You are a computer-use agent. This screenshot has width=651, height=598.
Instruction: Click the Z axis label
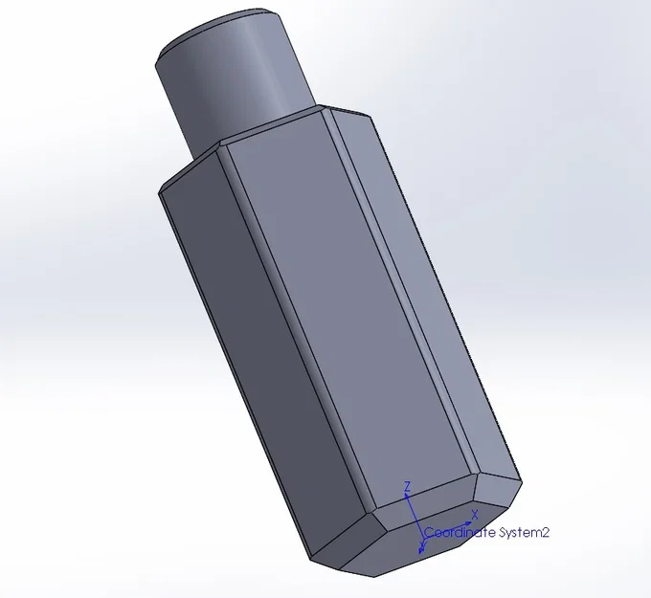pos(408,487)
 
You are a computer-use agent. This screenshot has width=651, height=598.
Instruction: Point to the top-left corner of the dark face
pos(161,188)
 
